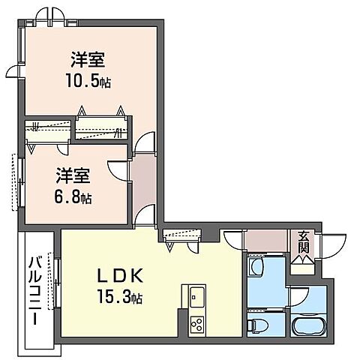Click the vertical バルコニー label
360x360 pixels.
[x=35, y=291]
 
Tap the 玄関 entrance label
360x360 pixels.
[x=303, y=242]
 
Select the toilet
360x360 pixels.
[x=257, y=325]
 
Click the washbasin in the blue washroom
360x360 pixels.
[x=257, y=266]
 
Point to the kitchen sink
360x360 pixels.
[x=196, y=293]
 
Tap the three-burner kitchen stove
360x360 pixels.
[x=196, y=325]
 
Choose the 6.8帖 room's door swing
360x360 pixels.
[x=118, y=171]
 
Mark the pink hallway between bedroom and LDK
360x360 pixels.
[x=142, y=184]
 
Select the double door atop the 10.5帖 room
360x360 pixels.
[x=50, y=15]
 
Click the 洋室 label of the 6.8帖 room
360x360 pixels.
[x=73, y=178]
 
